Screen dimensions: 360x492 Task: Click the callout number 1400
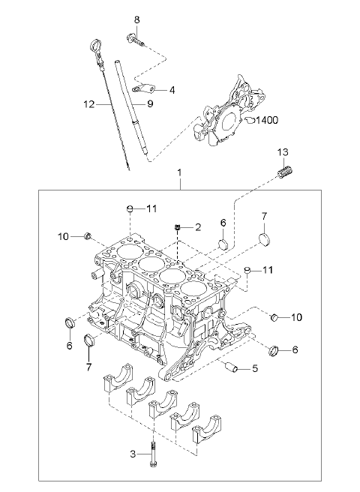267,120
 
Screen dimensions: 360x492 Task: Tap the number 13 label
283,152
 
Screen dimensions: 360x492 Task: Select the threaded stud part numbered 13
286,173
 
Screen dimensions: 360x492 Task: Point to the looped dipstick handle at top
95,48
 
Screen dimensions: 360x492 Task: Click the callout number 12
89,103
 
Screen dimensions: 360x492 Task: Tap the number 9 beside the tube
150,103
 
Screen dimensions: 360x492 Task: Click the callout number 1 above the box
179,172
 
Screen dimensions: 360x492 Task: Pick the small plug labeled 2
178,227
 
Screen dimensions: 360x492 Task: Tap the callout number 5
254,367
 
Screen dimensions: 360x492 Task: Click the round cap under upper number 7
265,239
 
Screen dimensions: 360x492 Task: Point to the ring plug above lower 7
90,340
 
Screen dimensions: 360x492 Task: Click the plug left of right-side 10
274,317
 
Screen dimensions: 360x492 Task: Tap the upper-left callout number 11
151,208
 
